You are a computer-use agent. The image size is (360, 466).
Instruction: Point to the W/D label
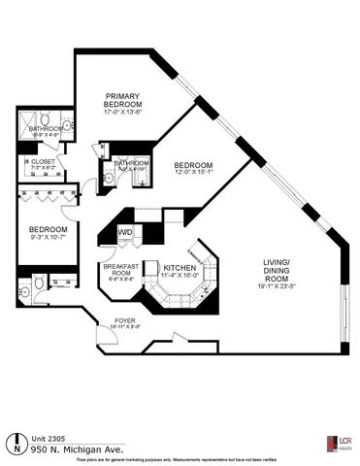click(x=125, y=232)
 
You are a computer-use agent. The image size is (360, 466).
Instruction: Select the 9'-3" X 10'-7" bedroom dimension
click(x=45, y=239)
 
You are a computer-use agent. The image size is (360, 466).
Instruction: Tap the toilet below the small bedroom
click(x=37, y=283)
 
